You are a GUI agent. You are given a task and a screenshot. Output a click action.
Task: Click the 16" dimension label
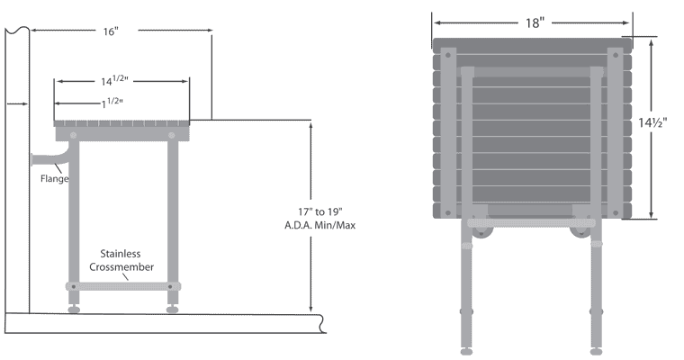[x=111, y=31]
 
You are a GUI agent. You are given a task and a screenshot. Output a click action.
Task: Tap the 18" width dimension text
[x=535, y=22]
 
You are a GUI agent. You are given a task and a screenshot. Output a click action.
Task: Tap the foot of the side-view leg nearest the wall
[x=74, y=310]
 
